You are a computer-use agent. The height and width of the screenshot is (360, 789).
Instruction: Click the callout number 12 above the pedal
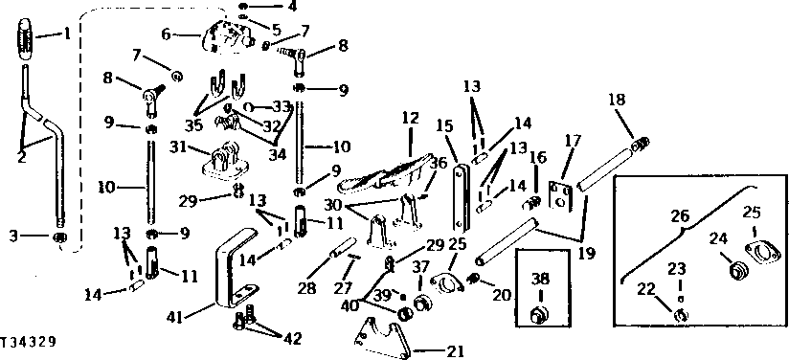(x=410, y=118)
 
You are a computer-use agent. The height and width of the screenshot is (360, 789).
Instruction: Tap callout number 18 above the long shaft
(x=616, y=99)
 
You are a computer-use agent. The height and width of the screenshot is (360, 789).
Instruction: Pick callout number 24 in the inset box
(x=712, y=240)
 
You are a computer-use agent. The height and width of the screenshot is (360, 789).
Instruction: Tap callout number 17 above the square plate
(x=572, y=140)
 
